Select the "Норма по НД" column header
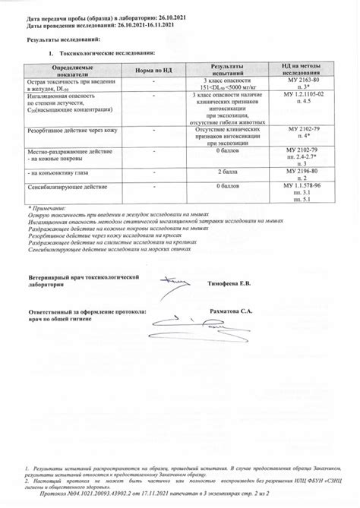[x=154, y=70]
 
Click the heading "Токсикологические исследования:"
[x=106, y=53]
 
